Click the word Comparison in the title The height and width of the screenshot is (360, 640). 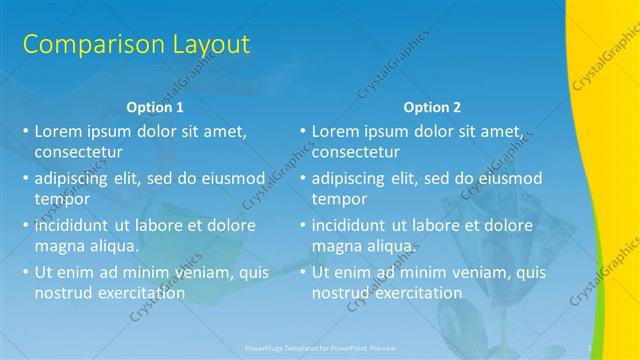click(83, 45)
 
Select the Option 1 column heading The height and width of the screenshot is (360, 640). click(155, 107)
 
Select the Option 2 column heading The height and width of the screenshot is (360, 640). click(432, 107)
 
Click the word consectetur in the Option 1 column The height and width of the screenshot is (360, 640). click(78, 152)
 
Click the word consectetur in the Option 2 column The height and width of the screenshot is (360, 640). click(355, 152)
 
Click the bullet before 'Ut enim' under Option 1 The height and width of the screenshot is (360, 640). click(25, 272)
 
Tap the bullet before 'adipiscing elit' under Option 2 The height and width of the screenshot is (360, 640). click(302, 178)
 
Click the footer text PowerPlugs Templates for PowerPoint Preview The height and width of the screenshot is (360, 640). click(319, 346)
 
